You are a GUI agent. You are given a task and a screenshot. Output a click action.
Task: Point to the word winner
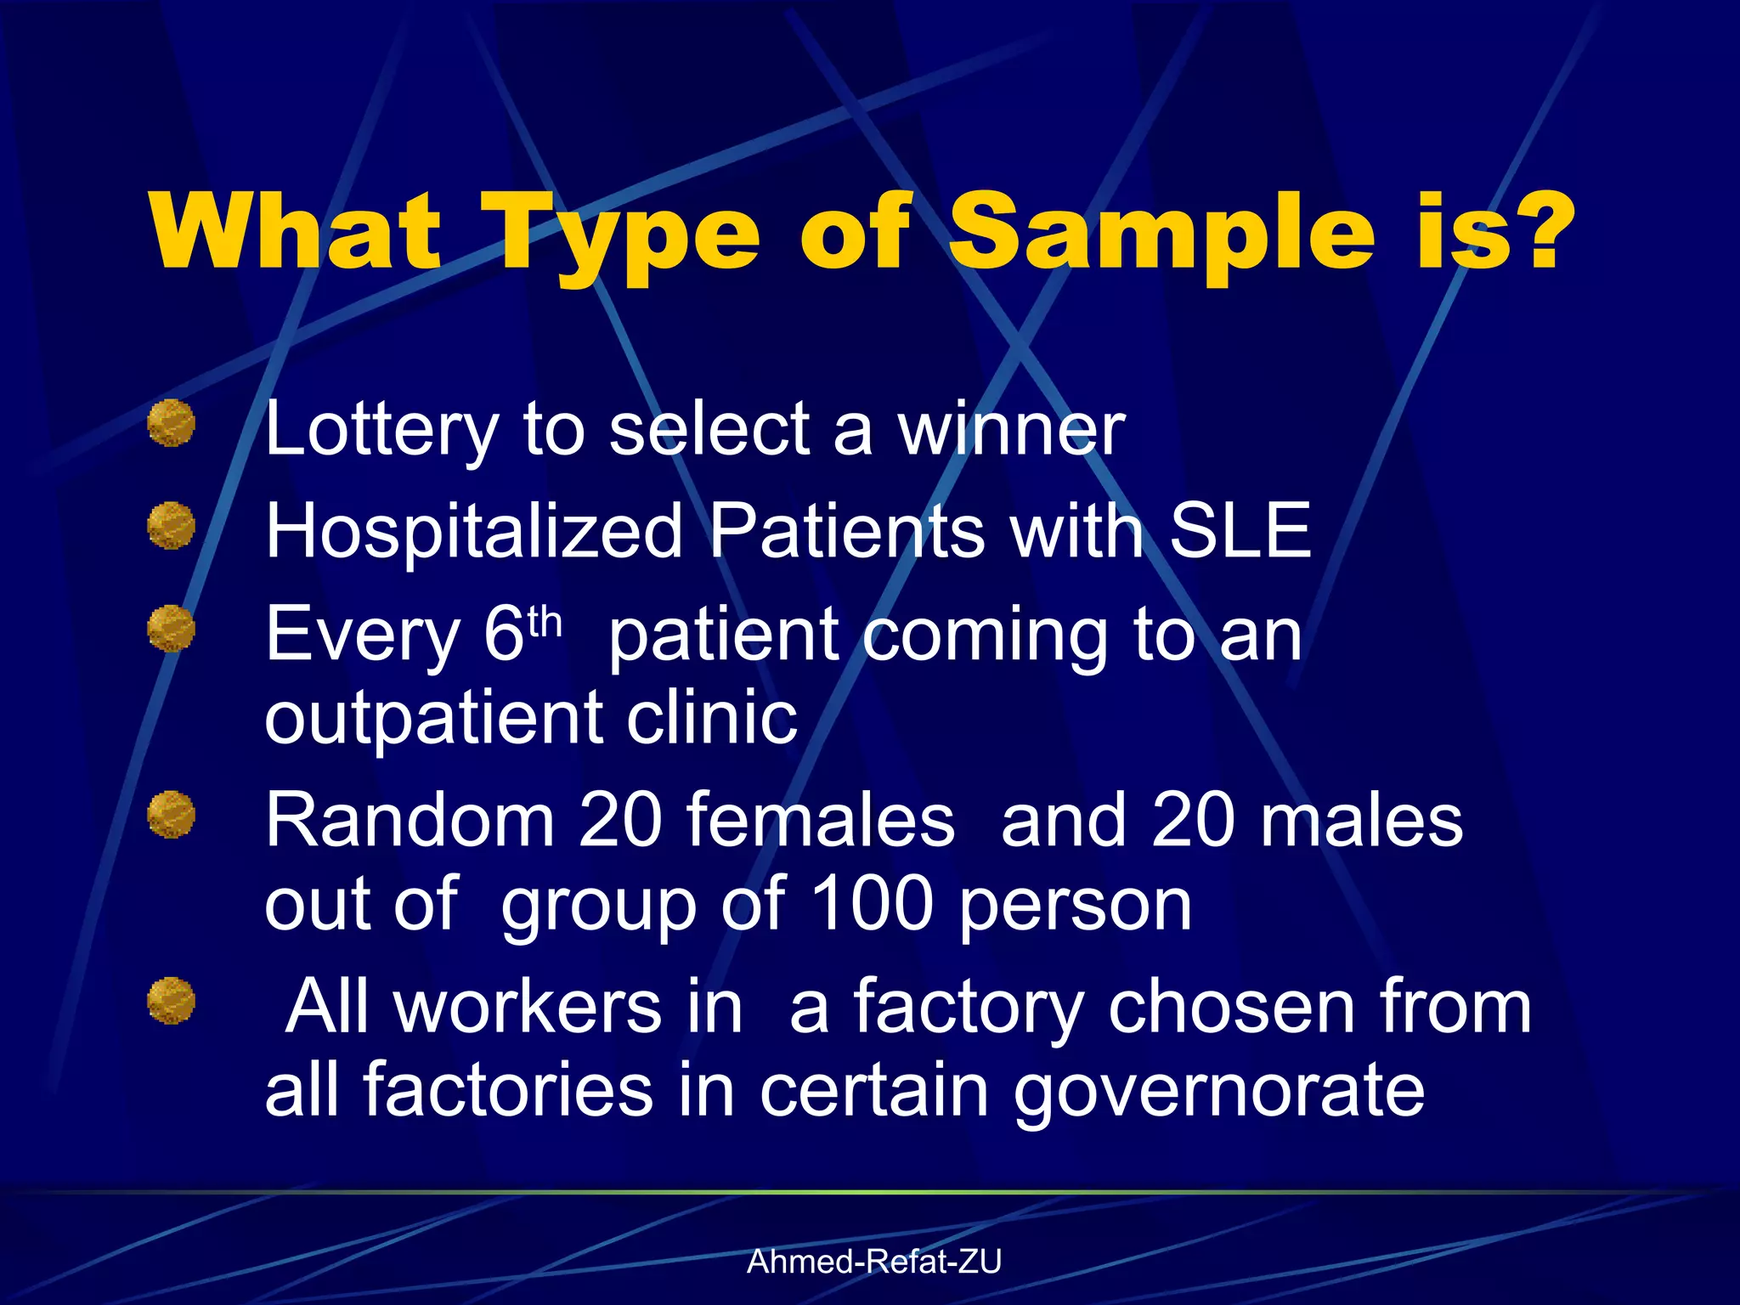(x=1011, y=428)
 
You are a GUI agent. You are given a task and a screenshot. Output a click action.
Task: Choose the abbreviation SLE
(x=1240, y=530)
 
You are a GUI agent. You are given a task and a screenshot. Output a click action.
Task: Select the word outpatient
(x=433, y=718)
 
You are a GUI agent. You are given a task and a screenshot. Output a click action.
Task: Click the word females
(x=820, y=820)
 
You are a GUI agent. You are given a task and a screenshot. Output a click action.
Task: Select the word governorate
(x=1218, y=1091)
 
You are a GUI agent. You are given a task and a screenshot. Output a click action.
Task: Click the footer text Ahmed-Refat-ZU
(x=874, y=1262)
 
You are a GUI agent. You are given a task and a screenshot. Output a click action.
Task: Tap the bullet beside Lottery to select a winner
(x=172, y=423)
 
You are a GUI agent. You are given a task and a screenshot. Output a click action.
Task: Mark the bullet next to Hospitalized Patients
(x=172, y=525)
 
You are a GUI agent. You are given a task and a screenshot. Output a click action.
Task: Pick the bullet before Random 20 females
(x=172, y=814)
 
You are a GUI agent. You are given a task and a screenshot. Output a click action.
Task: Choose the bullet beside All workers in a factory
(x=172, y=1000)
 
